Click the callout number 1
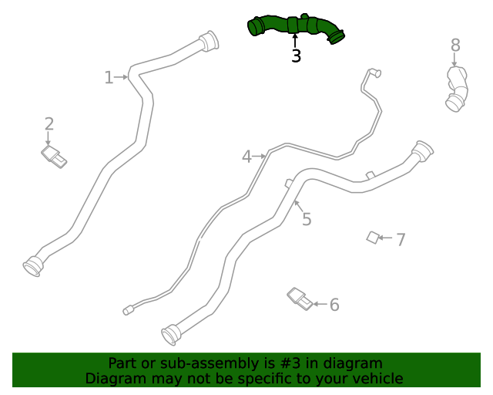[x=109, y=77]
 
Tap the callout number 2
[x=49, y=123]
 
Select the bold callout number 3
[x=296, y=56]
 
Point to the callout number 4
[x=246, y=157]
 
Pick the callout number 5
[x=307, y=219]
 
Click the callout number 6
[x=334, y=305]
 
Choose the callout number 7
[x=401, y=239]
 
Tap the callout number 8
[x=455, y=46]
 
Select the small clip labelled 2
[x=54, y=156]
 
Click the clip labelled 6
[x=300, y=299]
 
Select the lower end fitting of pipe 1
[x=33, y=265]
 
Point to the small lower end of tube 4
[x=128, y=310]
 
